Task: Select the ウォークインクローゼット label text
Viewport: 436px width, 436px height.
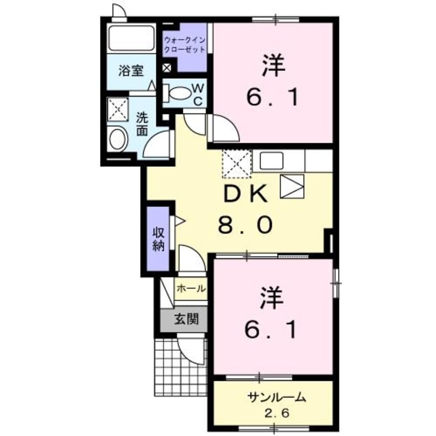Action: [185, 44]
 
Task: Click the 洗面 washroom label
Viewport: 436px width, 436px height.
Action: [142, 124]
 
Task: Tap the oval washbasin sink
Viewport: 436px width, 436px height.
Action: [119, 139]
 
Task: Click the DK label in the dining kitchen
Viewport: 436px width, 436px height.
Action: [245, 195]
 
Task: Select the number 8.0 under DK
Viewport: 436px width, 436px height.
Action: [245, 225]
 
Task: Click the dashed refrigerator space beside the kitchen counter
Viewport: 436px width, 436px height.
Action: [237, 163]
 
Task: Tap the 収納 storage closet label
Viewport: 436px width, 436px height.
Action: [158, 239]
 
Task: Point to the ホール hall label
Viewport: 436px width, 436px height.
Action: [191, 289]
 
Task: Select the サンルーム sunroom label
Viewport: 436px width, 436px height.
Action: [277, 398]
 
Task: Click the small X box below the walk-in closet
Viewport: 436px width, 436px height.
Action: [167, 68]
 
